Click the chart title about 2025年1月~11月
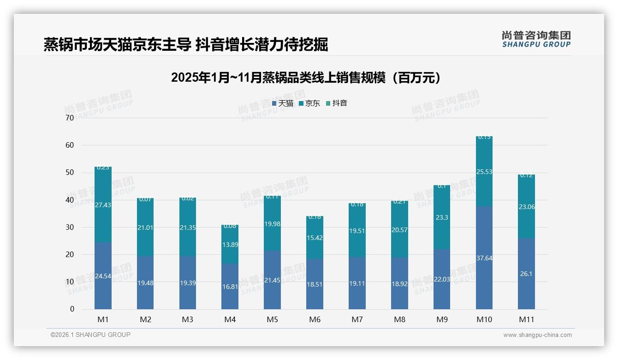(x=305, y=78)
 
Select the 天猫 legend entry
(x=283, y=103)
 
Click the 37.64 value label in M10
(x=484, y=258)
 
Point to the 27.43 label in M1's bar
(x=103, y=204)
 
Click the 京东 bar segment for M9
(x=442, y=217)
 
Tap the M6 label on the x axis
(x=315, y=319)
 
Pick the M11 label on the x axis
(x=526, y=319)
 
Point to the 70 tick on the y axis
(x=70, y=118)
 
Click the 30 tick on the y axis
(x=70, y=227)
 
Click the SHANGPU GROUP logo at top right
(x=536, y=39)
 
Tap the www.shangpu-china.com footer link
(x=537, y=335)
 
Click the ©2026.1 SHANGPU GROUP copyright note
(x=90, y=335)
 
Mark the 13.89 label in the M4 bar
(x=230, y=245)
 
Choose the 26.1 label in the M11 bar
(x=526, y=274)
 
